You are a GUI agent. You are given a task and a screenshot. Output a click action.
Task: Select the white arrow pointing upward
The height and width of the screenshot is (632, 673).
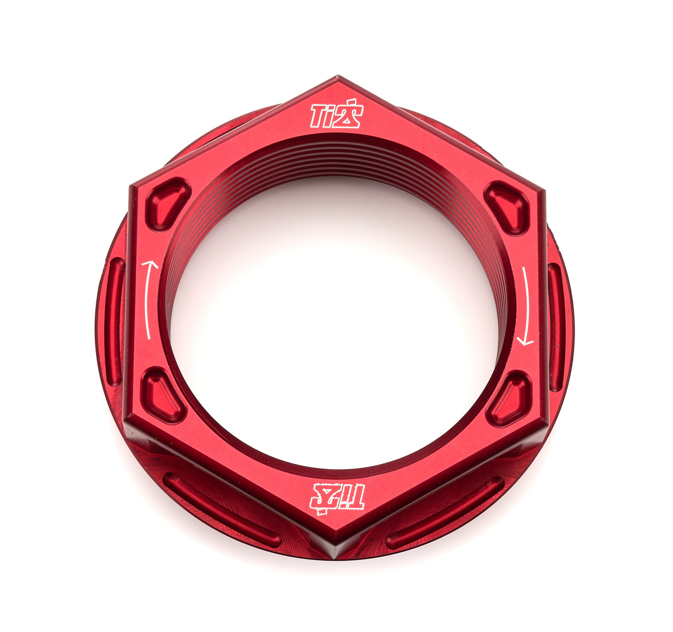150,299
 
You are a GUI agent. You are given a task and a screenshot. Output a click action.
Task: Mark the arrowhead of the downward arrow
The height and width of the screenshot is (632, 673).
525,342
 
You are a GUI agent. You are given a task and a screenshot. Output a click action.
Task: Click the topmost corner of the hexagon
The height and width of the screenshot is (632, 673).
336,77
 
